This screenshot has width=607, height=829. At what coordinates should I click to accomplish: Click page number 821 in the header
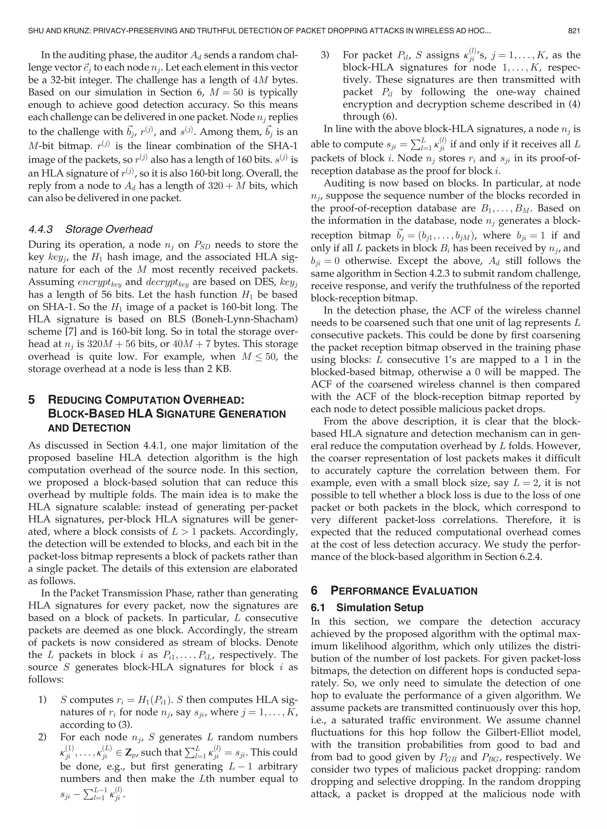click(x=574, y=31)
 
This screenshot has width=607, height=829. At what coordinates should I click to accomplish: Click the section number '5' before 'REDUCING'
click(x=32, y=400)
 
